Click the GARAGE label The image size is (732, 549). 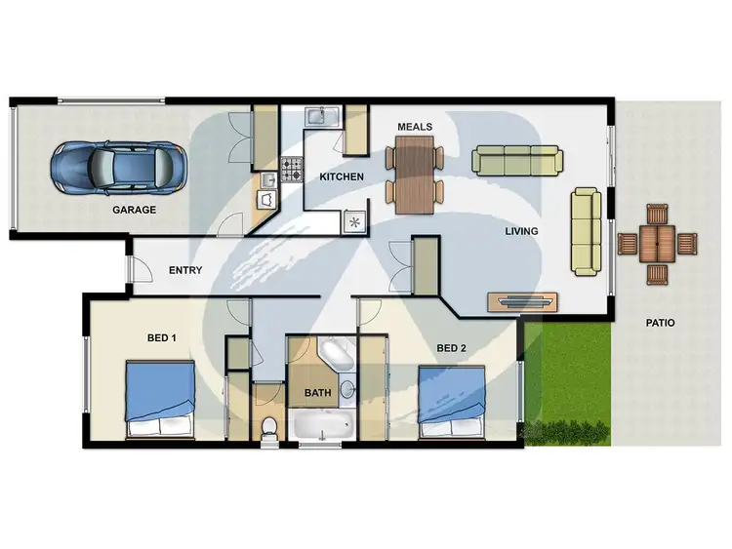tap(134, 210)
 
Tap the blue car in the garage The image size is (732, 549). tap(117, 167)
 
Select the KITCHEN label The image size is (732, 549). tap(342, 177)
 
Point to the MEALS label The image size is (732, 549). tap(415, 127)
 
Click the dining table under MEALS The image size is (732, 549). tap(415, 173)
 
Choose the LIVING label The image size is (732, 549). tap(521, 232)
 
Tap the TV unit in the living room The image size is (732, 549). tap(523, 301)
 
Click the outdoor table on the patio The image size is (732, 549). tap(657, 242)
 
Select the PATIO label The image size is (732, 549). tap(660, 323)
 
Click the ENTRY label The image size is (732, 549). tap(185, 270)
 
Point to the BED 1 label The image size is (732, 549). tap(161, 338)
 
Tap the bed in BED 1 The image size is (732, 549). tap(159, 398)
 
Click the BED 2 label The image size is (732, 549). tap(450, 347)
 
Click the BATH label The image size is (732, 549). tap(317, 393)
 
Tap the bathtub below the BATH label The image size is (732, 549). tap(322, 425)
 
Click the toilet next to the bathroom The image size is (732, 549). tap(269, 426)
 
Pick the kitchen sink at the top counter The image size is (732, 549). tap(319, 117)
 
